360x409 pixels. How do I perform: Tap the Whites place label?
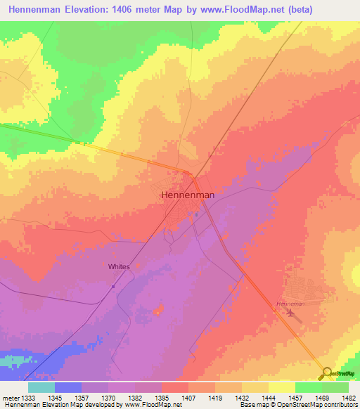tap(119, 267)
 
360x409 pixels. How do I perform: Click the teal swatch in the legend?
tap(41, 387)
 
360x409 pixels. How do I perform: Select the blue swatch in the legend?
tap(67, 387)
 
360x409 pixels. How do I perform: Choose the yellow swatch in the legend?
tap(281, 387)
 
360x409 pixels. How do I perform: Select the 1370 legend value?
tap(109, 397)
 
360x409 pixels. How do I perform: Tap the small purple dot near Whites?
tap(113, 286)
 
